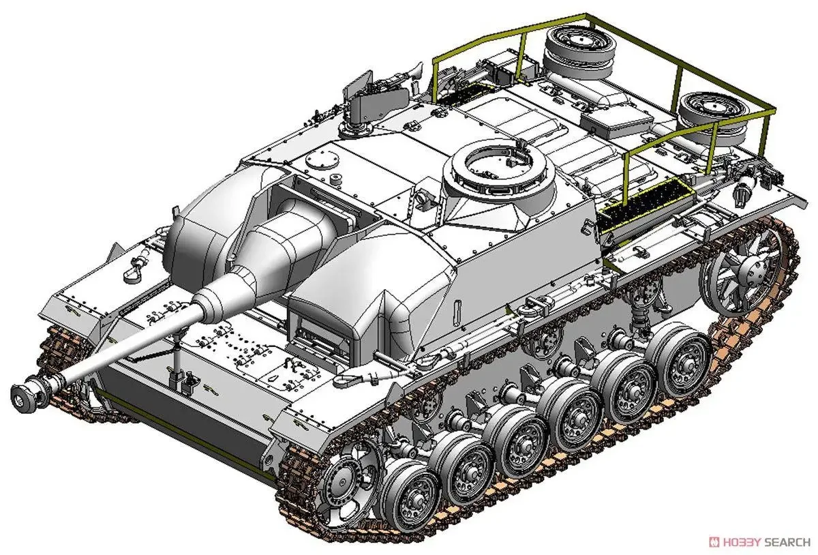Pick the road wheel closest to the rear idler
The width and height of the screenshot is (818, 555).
tap(679, 361)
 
